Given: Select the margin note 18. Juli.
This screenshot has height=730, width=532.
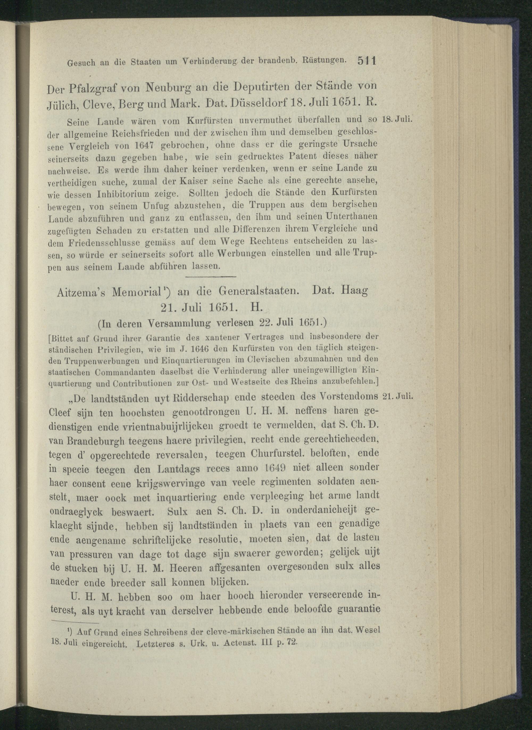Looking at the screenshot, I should coord(397,120).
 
